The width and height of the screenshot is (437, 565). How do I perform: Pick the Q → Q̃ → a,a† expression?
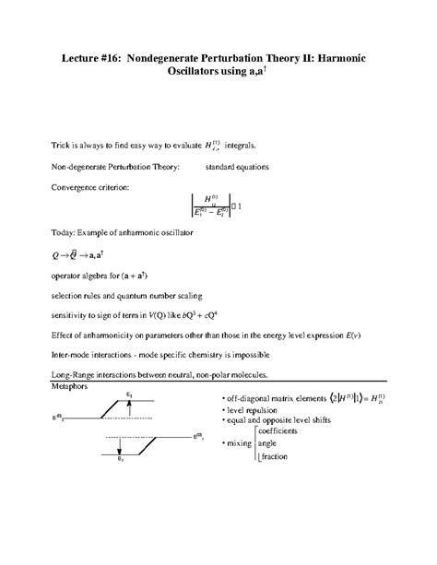click(x=85, y=253)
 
